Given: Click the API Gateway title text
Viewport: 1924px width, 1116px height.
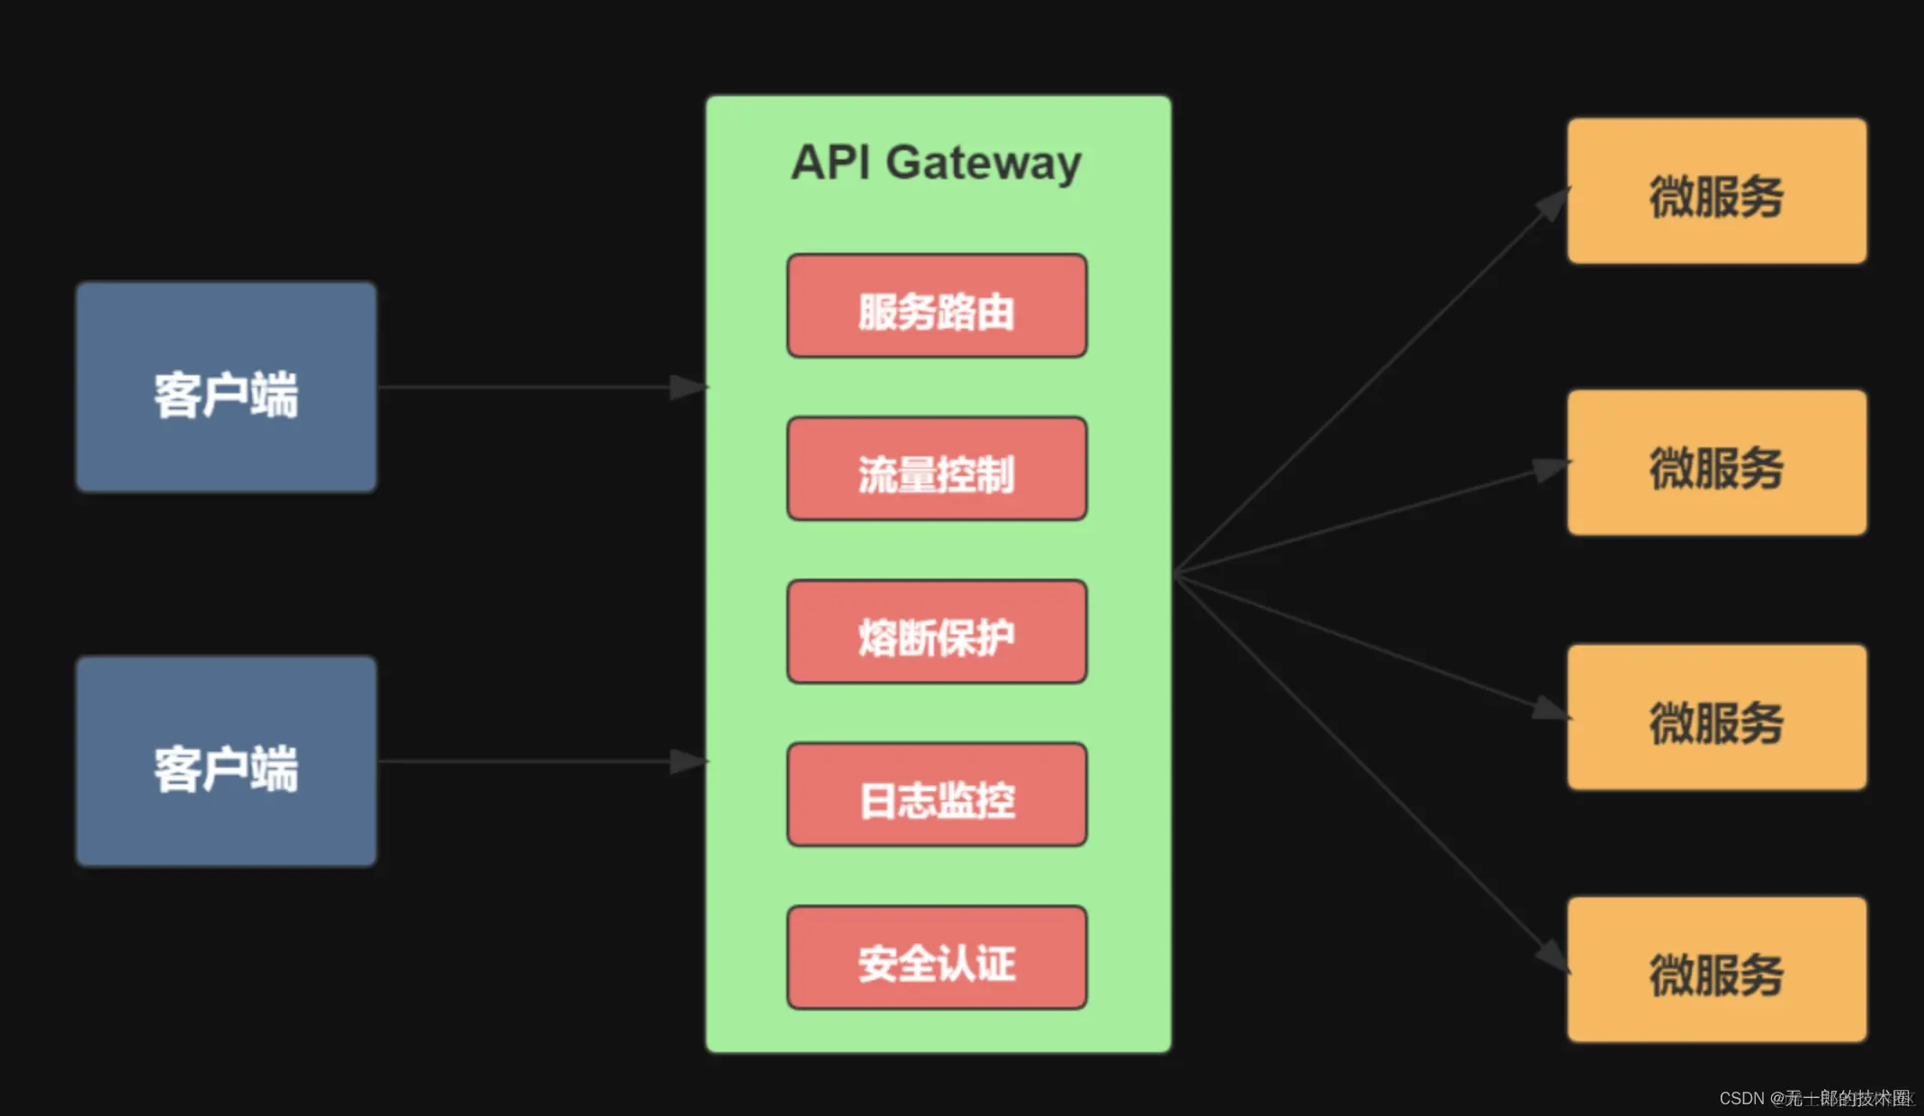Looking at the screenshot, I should coord(936,163).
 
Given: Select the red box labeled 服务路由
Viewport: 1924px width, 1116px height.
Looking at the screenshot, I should coord(937,306).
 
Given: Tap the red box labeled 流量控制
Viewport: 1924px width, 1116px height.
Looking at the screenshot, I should coord(937,469).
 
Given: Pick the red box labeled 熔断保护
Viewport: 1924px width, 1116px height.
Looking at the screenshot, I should coord(937,632).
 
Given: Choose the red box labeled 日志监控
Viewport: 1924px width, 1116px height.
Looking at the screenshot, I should coord(937,795).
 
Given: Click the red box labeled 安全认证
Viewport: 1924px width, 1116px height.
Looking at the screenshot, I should coord(937,958).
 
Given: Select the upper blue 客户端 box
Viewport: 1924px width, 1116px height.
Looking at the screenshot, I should coord(226,387).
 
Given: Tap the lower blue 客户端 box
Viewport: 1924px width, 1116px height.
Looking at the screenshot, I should coord(226,761).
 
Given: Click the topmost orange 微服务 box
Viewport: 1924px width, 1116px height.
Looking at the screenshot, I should coord(1716,191).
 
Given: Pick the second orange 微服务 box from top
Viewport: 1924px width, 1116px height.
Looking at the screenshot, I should coord(1716,463).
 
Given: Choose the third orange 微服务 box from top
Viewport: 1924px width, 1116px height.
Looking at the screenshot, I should coord(1716,717).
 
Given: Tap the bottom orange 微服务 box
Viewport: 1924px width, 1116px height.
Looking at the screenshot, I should coord(1716,969).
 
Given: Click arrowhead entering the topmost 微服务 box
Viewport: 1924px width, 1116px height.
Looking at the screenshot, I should coord(1552,204).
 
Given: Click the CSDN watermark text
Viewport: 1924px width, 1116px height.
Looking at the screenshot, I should coord(1814,1098).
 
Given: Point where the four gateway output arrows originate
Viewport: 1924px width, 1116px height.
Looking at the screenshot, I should coord(1175,574).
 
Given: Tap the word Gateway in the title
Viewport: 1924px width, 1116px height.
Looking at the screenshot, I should coord(983,163).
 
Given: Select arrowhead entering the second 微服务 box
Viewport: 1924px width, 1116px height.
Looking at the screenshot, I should coord(1550,469).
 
